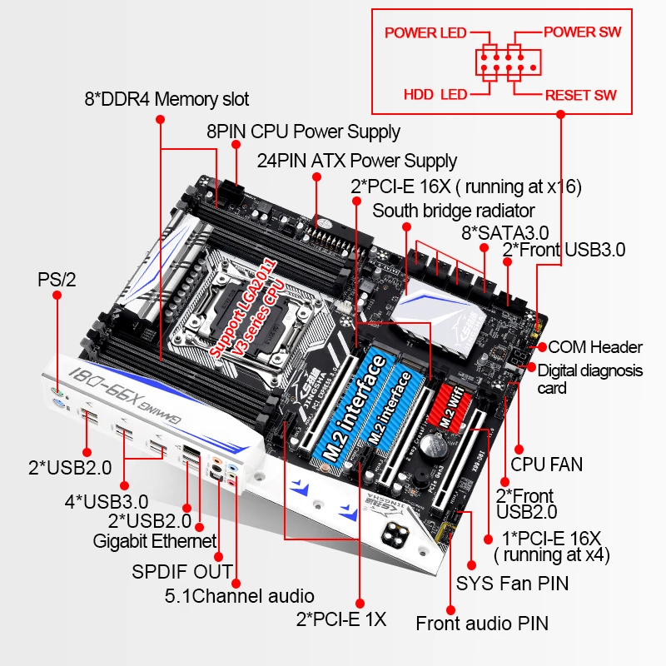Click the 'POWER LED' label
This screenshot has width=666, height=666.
pyautogui.click(x=425, y=32)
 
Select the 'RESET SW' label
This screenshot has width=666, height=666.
pyautogui.click(x=580, y=95)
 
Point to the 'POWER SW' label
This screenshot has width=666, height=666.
pyautogui.click(x=582, y=32)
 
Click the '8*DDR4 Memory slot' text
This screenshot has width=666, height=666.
pyautogui.click(x=166, y=100)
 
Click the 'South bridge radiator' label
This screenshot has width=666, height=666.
pyautogui.click(x=454, y=210)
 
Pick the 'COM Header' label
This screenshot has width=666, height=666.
pyautogui.click(x=595, y=347)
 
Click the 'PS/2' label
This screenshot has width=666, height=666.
pyautogui.click(x=57, y=280)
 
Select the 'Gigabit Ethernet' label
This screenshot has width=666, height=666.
pyautogui.click(x=154, y=541)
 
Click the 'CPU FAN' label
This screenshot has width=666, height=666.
pyautogui.click(x=547, y=464)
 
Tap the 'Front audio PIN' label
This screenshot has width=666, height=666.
pyautogui.click(x=482, y=623)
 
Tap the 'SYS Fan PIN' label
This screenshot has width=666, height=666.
pyautogui.click(x=512, y=583)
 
